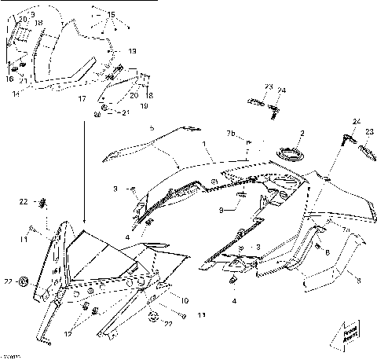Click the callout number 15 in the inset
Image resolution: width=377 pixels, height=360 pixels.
(x=110, y=15)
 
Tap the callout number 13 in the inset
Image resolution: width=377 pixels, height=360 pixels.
(x=132, y=51)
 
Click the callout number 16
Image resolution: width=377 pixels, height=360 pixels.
(x=10, y=79)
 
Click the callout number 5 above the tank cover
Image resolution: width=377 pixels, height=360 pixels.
(x=152, y=127)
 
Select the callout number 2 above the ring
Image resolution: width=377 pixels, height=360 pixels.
(x=302, y=134)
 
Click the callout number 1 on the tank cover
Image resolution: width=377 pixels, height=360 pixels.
(x=203, y=145)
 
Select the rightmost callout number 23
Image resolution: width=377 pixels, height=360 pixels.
(x=370, y=131)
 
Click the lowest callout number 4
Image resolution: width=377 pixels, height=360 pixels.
(x=234, y=299)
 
